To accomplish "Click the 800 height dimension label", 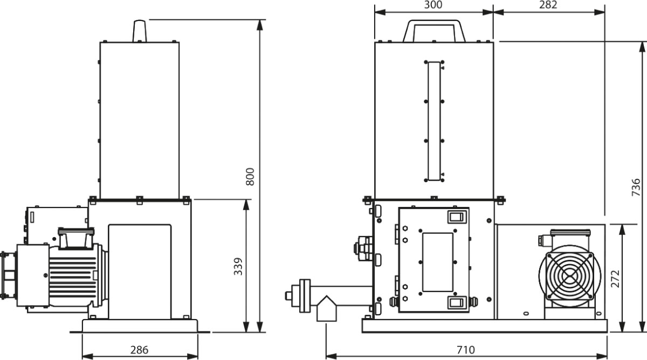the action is [x=250, y=176].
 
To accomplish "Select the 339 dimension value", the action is [x=238, y=266].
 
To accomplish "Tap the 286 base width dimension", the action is [x=139, y=350].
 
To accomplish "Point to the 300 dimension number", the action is [x=433, y=5].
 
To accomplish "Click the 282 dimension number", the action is [x=548, y=5].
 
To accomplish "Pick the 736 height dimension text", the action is [x=636, y=188].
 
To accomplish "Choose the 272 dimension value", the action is [x=616, y=279].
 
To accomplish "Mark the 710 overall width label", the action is [x=466, y=350].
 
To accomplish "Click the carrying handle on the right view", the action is [x=434, y=23].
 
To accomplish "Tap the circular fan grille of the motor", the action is [x=570, y=276].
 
